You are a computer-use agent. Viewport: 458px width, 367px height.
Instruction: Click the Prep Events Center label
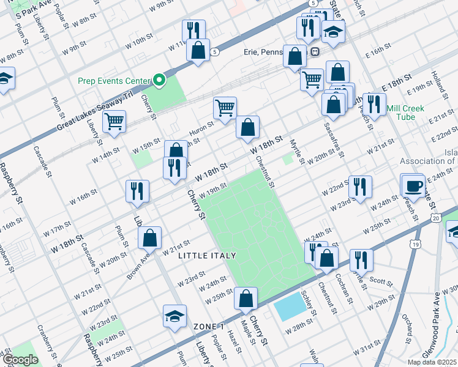[x=114, y=81]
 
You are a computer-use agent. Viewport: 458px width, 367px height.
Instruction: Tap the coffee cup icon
[x=413, y=185]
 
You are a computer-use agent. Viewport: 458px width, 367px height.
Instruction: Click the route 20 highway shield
[x=436, y=218]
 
